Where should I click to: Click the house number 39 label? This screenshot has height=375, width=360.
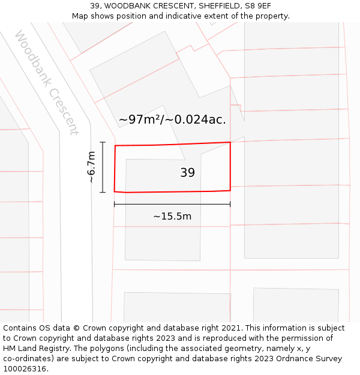[187, 173]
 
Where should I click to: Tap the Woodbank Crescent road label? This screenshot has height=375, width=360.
[46, 83]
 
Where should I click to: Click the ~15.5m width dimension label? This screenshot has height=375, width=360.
[172, 216]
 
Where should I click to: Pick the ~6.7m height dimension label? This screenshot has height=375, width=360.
[91, 167]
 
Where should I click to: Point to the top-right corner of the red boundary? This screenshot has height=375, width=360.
[230, 142]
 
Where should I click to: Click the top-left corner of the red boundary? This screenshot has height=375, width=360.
[115, 145]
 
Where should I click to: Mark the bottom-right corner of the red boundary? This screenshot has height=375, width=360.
[230, 190]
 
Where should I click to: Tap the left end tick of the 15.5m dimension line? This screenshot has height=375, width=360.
[114, 205]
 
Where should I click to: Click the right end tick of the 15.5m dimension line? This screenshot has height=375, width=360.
[230, 205]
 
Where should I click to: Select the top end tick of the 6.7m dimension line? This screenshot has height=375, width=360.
[103, 142]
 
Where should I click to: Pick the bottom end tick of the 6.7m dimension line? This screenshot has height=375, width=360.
[103, 193]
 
